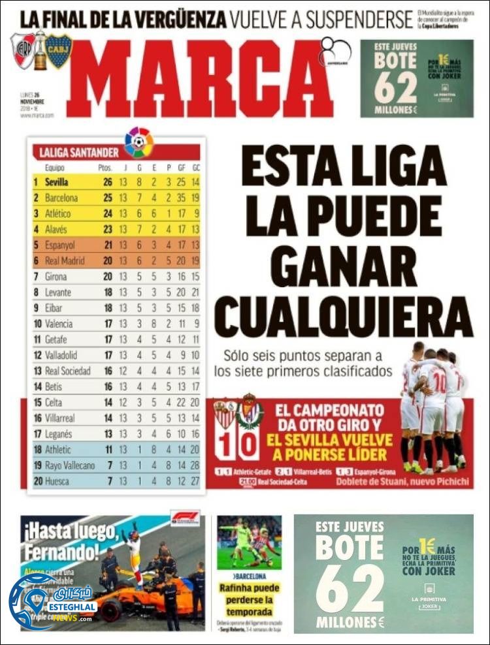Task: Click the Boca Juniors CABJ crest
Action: click(x=58, y=51)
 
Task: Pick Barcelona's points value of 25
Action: click(x=107, y=198)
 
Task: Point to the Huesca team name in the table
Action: click(x=57, y=481)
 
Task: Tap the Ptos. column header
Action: click(x=105, y=168)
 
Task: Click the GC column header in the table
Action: click(x=196, y=168)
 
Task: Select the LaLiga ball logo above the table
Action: click(x=139, y=142)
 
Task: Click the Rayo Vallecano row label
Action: click(x=69, y=465)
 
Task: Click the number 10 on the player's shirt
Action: click(x=439, y=380)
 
